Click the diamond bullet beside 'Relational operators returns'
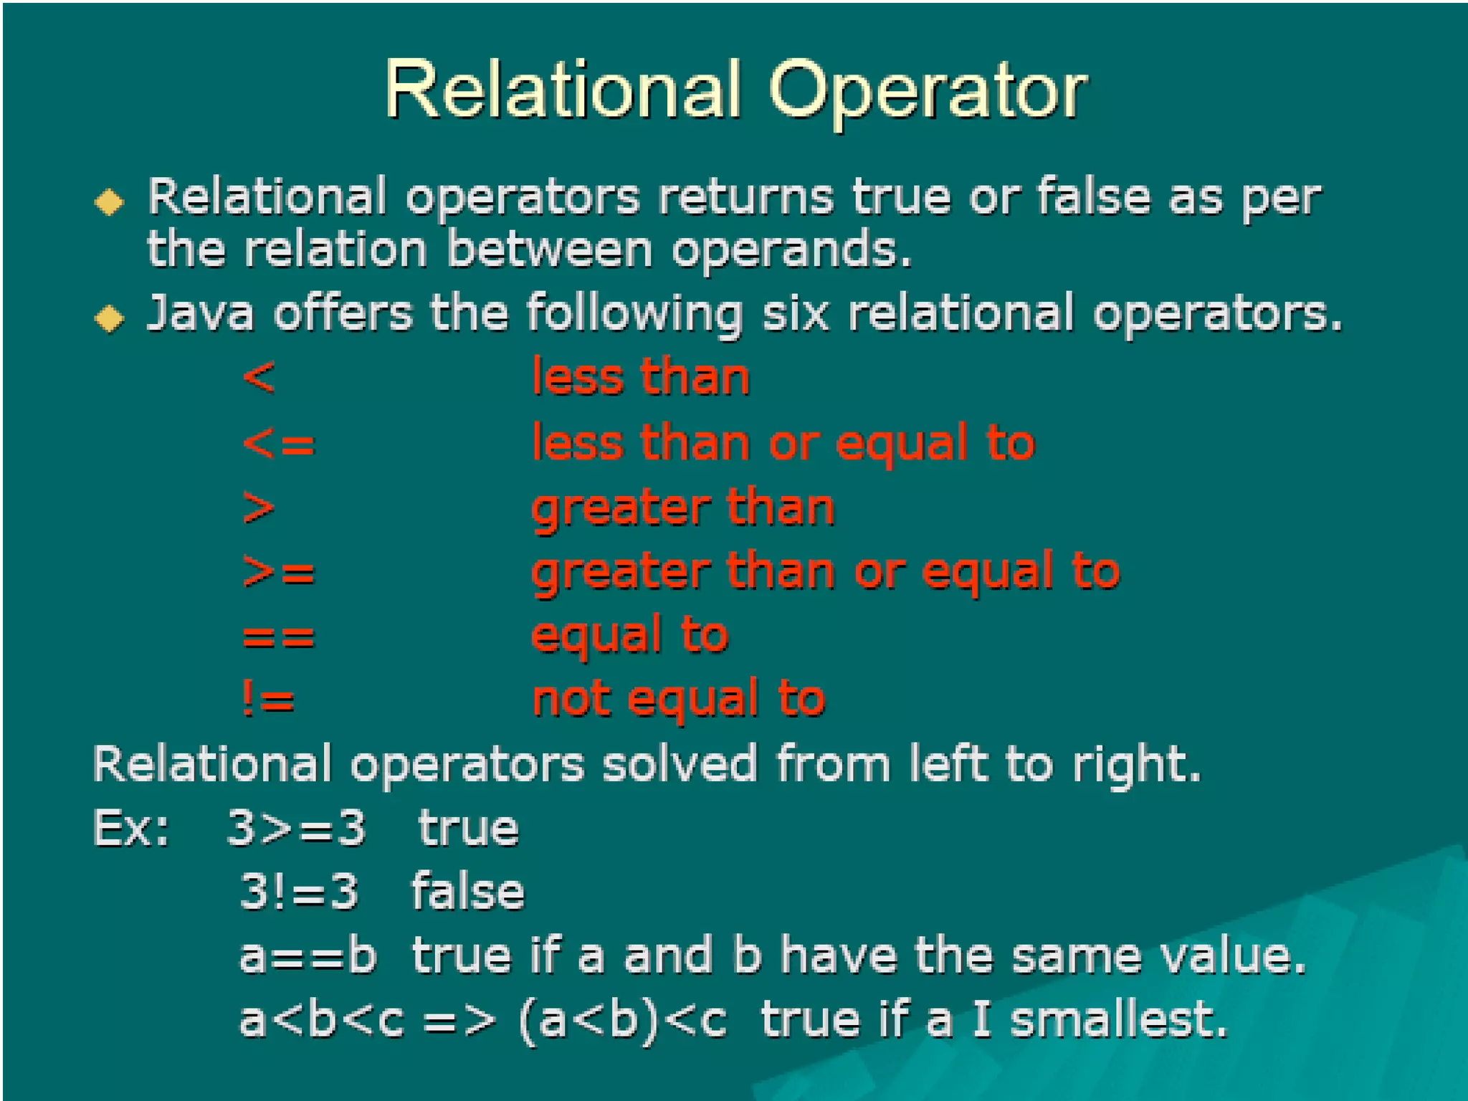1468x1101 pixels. (110, 201)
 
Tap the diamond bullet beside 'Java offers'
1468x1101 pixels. (110, 318)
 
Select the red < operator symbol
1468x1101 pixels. (259, 377)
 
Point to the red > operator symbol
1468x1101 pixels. (259, 508)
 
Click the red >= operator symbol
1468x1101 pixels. (279, 572)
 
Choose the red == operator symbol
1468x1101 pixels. (279, 637)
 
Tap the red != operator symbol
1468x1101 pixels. (268, 700)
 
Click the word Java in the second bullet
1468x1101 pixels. (200, 313)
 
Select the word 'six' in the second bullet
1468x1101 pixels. (795, 313)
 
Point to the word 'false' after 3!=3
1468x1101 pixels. (467, 892)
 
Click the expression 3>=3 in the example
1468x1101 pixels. (296, 829)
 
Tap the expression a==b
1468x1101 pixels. (308, 956)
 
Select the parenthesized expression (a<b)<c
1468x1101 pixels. (622, 1021)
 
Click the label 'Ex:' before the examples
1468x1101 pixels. (131, 829)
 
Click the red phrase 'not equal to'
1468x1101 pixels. (679, 700)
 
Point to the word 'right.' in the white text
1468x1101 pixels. (1136, 765)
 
